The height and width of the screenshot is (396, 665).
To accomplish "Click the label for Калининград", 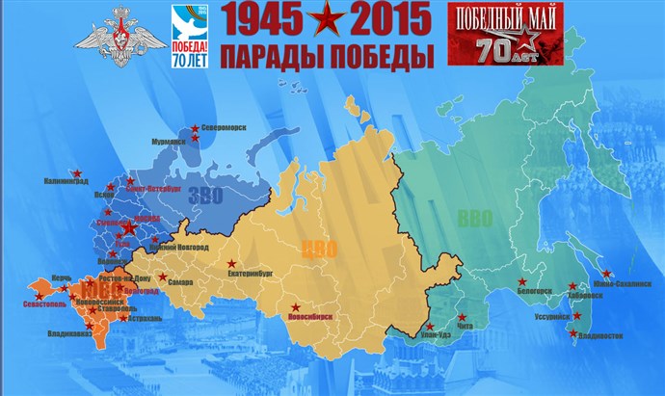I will tap(66, 180).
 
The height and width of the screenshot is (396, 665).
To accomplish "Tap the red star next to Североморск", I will tap(195, 128).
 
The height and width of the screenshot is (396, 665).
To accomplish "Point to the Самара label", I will tap(180, 282).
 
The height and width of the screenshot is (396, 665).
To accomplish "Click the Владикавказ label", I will tap(70, 334).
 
